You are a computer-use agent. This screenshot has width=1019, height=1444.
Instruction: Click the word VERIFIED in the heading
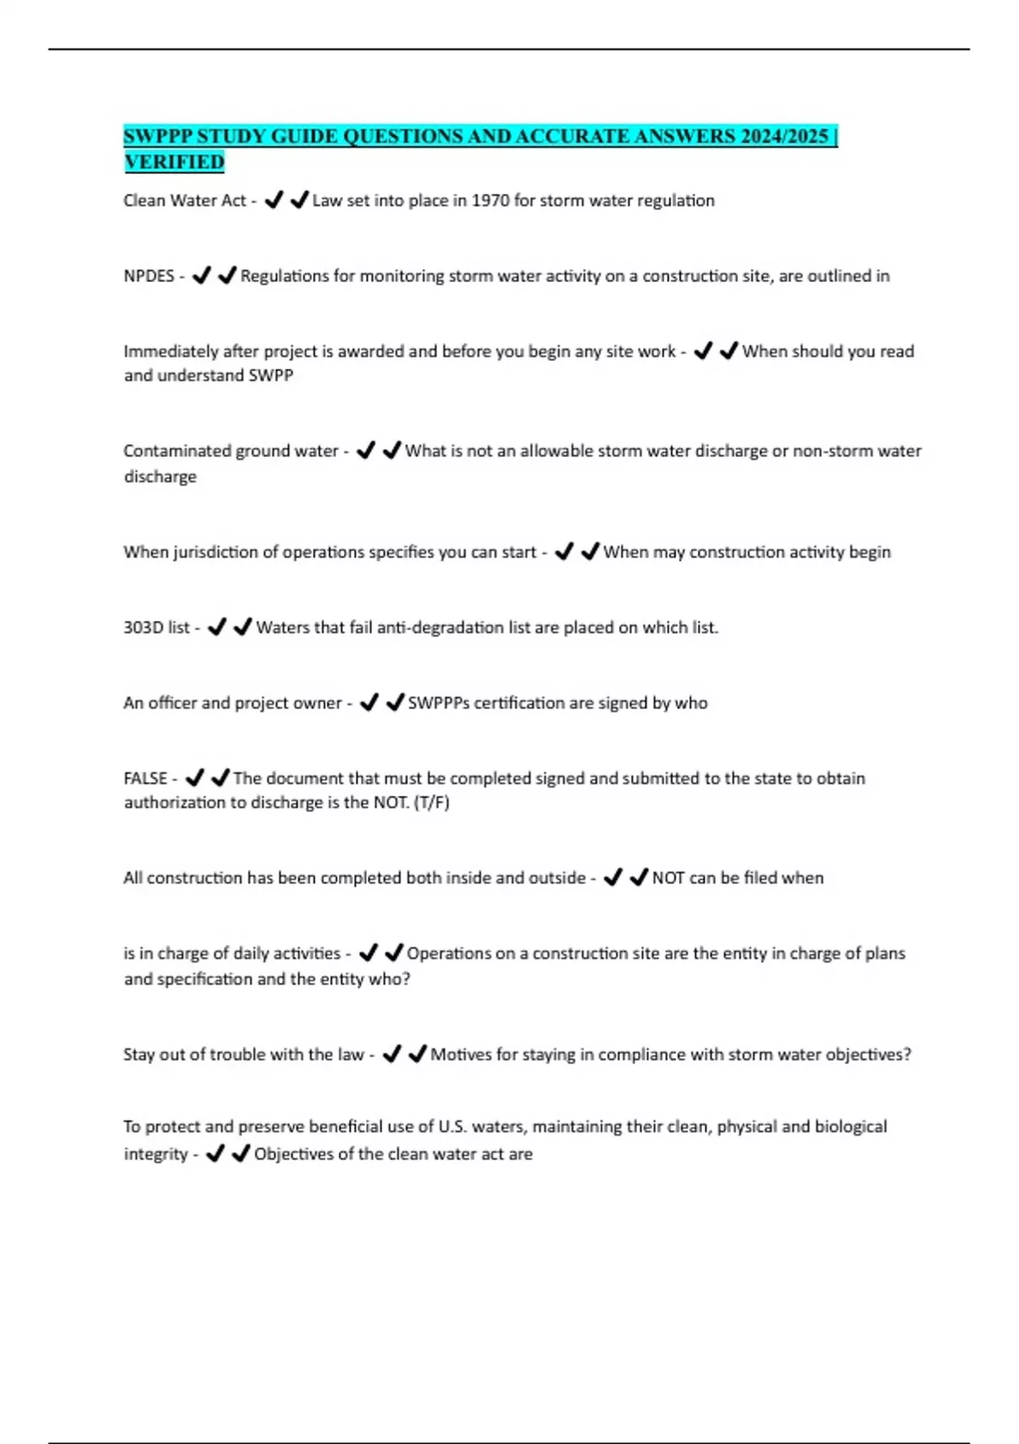[x=174, y=161]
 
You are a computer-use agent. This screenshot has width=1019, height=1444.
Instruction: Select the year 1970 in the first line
[x=490, y=200]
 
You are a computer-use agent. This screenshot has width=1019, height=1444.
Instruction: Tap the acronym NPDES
[x=149, y=276]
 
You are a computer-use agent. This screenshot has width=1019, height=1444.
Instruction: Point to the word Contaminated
[x=175, y=451]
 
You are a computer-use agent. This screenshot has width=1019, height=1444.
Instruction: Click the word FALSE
[x=145, y=778]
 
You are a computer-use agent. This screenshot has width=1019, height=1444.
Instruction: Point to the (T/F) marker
[x=431, y=803]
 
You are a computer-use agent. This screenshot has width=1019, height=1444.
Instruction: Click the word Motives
[x=460, y=1055]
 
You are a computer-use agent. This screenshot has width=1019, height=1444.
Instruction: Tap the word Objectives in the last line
[x=295, y=1154]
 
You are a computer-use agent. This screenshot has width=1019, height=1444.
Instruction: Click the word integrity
[x=155, y=1154]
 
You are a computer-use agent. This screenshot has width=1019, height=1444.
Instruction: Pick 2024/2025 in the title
[x=784, y=137]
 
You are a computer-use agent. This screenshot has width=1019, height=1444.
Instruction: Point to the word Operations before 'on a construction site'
[x=448, y=954]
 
